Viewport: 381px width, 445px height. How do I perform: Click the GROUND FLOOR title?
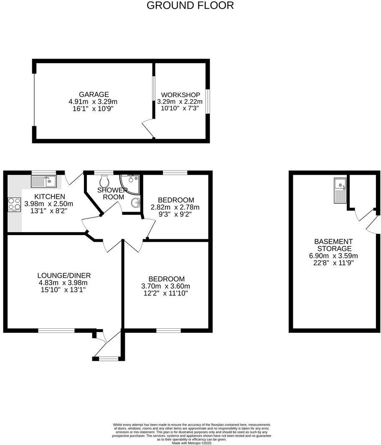point(190,5)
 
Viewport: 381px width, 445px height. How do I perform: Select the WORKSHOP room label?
point(180,95)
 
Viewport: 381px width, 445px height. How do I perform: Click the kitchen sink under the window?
point(44,182)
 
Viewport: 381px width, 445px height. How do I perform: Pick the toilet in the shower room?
point(104,182)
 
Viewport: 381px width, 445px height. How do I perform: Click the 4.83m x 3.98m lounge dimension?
point(64,282)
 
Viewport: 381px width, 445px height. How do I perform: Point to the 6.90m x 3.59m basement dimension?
point(333,256)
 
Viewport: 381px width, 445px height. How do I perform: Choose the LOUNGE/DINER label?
point(64,275)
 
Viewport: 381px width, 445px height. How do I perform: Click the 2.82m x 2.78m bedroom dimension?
point(175,207)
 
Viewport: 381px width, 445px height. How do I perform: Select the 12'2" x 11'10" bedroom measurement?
point(166,293)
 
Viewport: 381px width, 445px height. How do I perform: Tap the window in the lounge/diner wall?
point(56,330)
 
